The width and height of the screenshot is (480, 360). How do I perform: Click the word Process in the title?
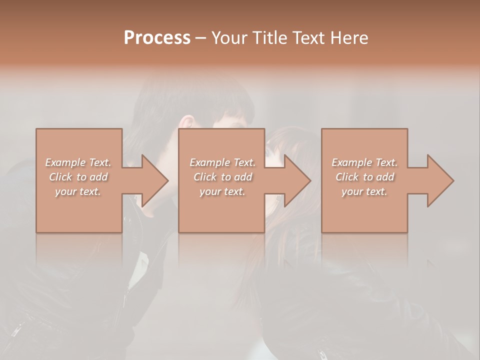click(x=157, y=38)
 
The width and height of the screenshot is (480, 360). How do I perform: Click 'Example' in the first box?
click(x=64, y=162)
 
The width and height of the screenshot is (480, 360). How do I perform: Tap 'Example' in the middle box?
click(x=209, y=162)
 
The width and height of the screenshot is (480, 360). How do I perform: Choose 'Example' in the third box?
click(x=351, y=162)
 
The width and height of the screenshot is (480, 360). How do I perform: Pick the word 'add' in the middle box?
click(x=243, y=177)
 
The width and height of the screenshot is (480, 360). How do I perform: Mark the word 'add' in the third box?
click(x=385, y=177)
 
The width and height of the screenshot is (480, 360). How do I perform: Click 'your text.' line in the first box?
click(x=78, y=191)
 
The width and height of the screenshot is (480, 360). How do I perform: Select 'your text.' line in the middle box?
click(x=222, y=191)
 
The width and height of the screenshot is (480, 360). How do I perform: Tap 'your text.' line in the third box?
click(x=364, y=191)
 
